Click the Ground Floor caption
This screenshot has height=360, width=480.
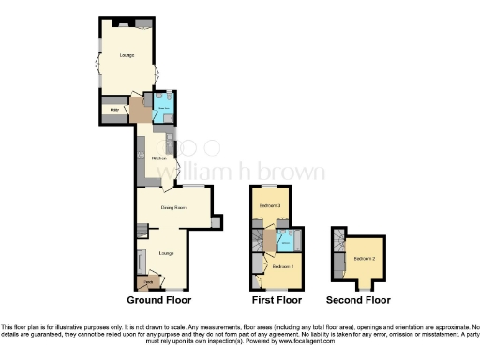point(159,300)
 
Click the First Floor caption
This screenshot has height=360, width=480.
point(277,300)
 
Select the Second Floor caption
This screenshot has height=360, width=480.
point(358,300)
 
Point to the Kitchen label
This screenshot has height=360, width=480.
point(158,158)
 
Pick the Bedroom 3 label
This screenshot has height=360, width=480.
point(271,204)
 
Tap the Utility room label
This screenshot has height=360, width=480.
point(115,112)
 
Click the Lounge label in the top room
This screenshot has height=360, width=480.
point(127,56)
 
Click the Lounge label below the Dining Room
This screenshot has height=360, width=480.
point(166,253)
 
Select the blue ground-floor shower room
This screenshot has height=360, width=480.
point(161,106)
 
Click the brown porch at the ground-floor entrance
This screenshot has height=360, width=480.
point(148,280)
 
